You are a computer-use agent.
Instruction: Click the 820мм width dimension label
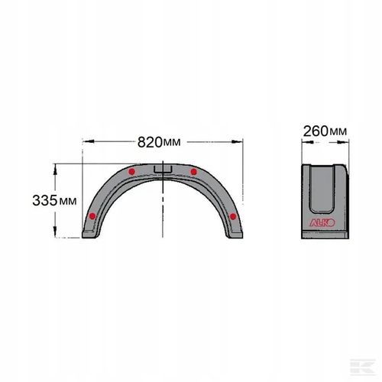coord(161,142)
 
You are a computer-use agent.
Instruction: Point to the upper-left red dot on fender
coord(132,173)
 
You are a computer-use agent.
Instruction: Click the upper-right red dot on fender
coord(194,172)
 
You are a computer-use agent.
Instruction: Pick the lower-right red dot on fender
coord(234,217)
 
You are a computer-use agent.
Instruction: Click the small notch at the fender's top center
coord(162,167)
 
